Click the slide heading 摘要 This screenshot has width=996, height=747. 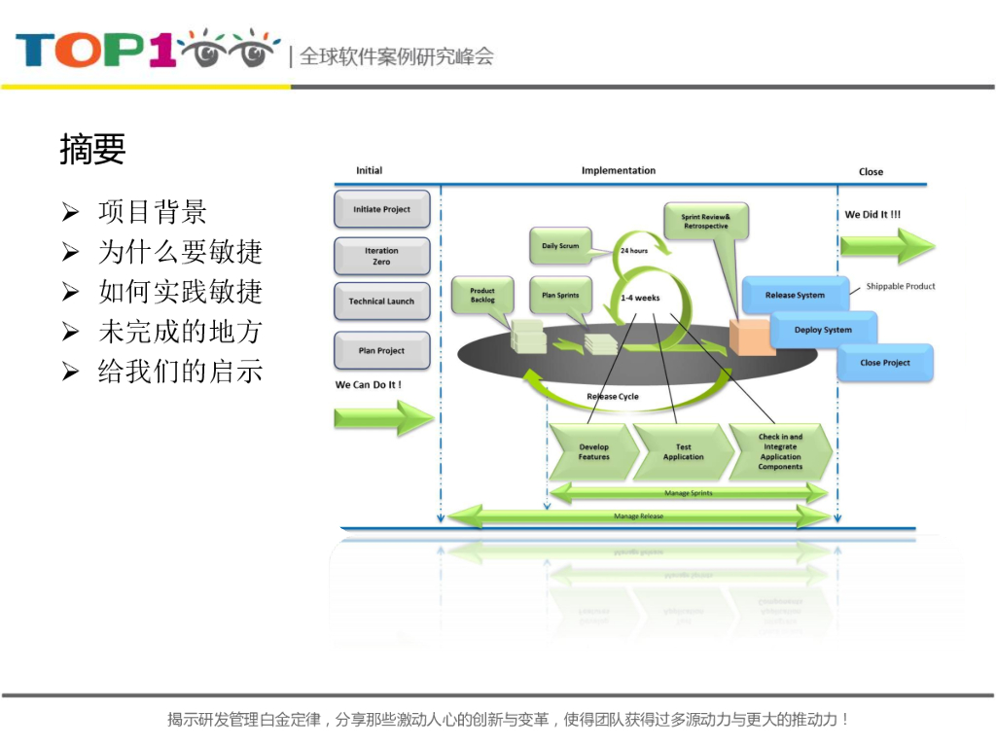point(92,150)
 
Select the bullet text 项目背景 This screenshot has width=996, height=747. point(152,212)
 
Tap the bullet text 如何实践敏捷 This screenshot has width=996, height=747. point(180,292)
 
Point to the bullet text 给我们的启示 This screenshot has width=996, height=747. point(180,371)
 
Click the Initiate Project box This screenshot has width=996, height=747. point(381,209)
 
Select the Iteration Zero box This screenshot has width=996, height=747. point(381,256)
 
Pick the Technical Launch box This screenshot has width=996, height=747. point(381,302)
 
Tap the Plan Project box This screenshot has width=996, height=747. point(381,350)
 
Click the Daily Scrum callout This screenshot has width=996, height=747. point(560,246)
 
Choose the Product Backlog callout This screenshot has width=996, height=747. point(482,295)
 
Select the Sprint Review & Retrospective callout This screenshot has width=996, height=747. point(705,221)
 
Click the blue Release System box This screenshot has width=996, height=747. point(795,295)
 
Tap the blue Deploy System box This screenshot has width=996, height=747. point(823,330)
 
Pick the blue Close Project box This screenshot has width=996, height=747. point(885,363)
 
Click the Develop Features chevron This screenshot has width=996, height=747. point(593,452)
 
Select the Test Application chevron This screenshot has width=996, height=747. point(683,452)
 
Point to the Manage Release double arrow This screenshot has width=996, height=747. point(638,516)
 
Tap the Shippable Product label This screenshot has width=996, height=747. point(901,286)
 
